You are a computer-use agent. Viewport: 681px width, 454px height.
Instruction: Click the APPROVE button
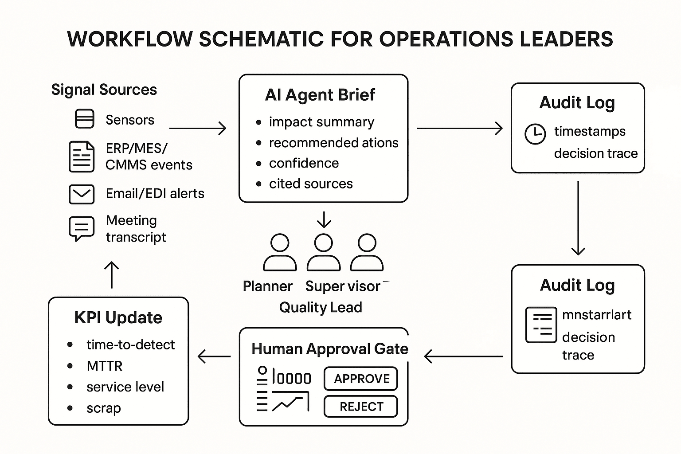tap(361, 379)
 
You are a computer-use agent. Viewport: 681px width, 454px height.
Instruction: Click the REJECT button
tap(361, 407)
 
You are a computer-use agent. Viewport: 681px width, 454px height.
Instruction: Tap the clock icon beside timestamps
tap(535, 133)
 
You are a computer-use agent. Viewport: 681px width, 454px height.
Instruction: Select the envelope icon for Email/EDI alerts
tap(82, 194)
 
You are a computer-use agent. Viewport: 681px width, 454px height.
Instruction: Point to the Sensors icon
tap(84, 119)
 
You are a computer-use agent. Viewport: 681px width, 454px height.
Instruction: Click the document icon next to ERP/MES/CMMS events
tap(82, 157)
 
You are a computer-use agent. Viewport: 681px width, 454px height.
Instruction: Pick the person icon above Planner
tap(280, 252)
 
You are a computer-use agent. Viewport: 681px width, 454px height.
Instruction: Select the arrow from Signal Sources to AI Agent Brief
tap(198, 129)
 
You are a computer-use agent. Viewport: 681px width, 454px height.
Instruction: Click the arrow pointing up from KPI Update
tap(111, 274)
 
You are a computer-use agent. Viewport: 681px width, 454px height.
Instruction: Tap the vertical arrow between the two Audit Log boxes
tap(578, 218)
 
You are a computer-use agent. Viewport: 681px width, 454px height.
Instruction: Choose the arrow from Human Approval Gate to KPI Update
tap(214, 356)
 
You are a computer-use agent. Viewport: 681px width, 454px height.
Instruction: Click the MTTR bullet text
tap(105, 366)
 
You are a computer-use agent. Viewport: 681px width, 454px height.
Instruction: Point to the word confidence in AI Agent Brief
tap(304, 163)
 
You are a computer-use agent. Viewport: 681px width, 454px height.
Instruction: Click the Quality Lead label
tap(321, 307)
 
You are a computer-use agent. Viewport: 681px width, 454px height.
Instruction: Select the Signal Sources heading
tap(104, 90)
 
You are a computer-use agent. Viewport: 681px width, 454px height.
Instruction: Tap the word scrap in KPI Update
tap(104, 408)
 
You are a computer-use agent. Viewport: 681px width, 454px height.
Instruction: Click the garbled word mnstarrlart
tap(597, 315)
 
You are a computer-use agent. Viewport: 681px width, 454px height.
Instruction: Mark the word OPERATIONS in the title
tap(446, 39)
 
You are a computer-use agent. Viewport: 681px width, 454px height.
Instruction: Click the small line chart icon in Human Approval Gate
tap(290, 402)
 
